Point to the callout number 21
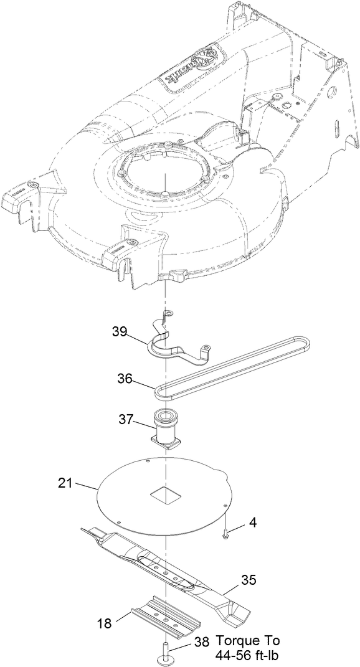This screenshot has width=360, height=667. click(x=65, y=483)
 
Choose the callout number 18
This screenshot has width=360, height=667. click(x=105, y=622)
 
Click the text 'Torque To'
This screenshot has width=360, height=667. click(x=248, y=641)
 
